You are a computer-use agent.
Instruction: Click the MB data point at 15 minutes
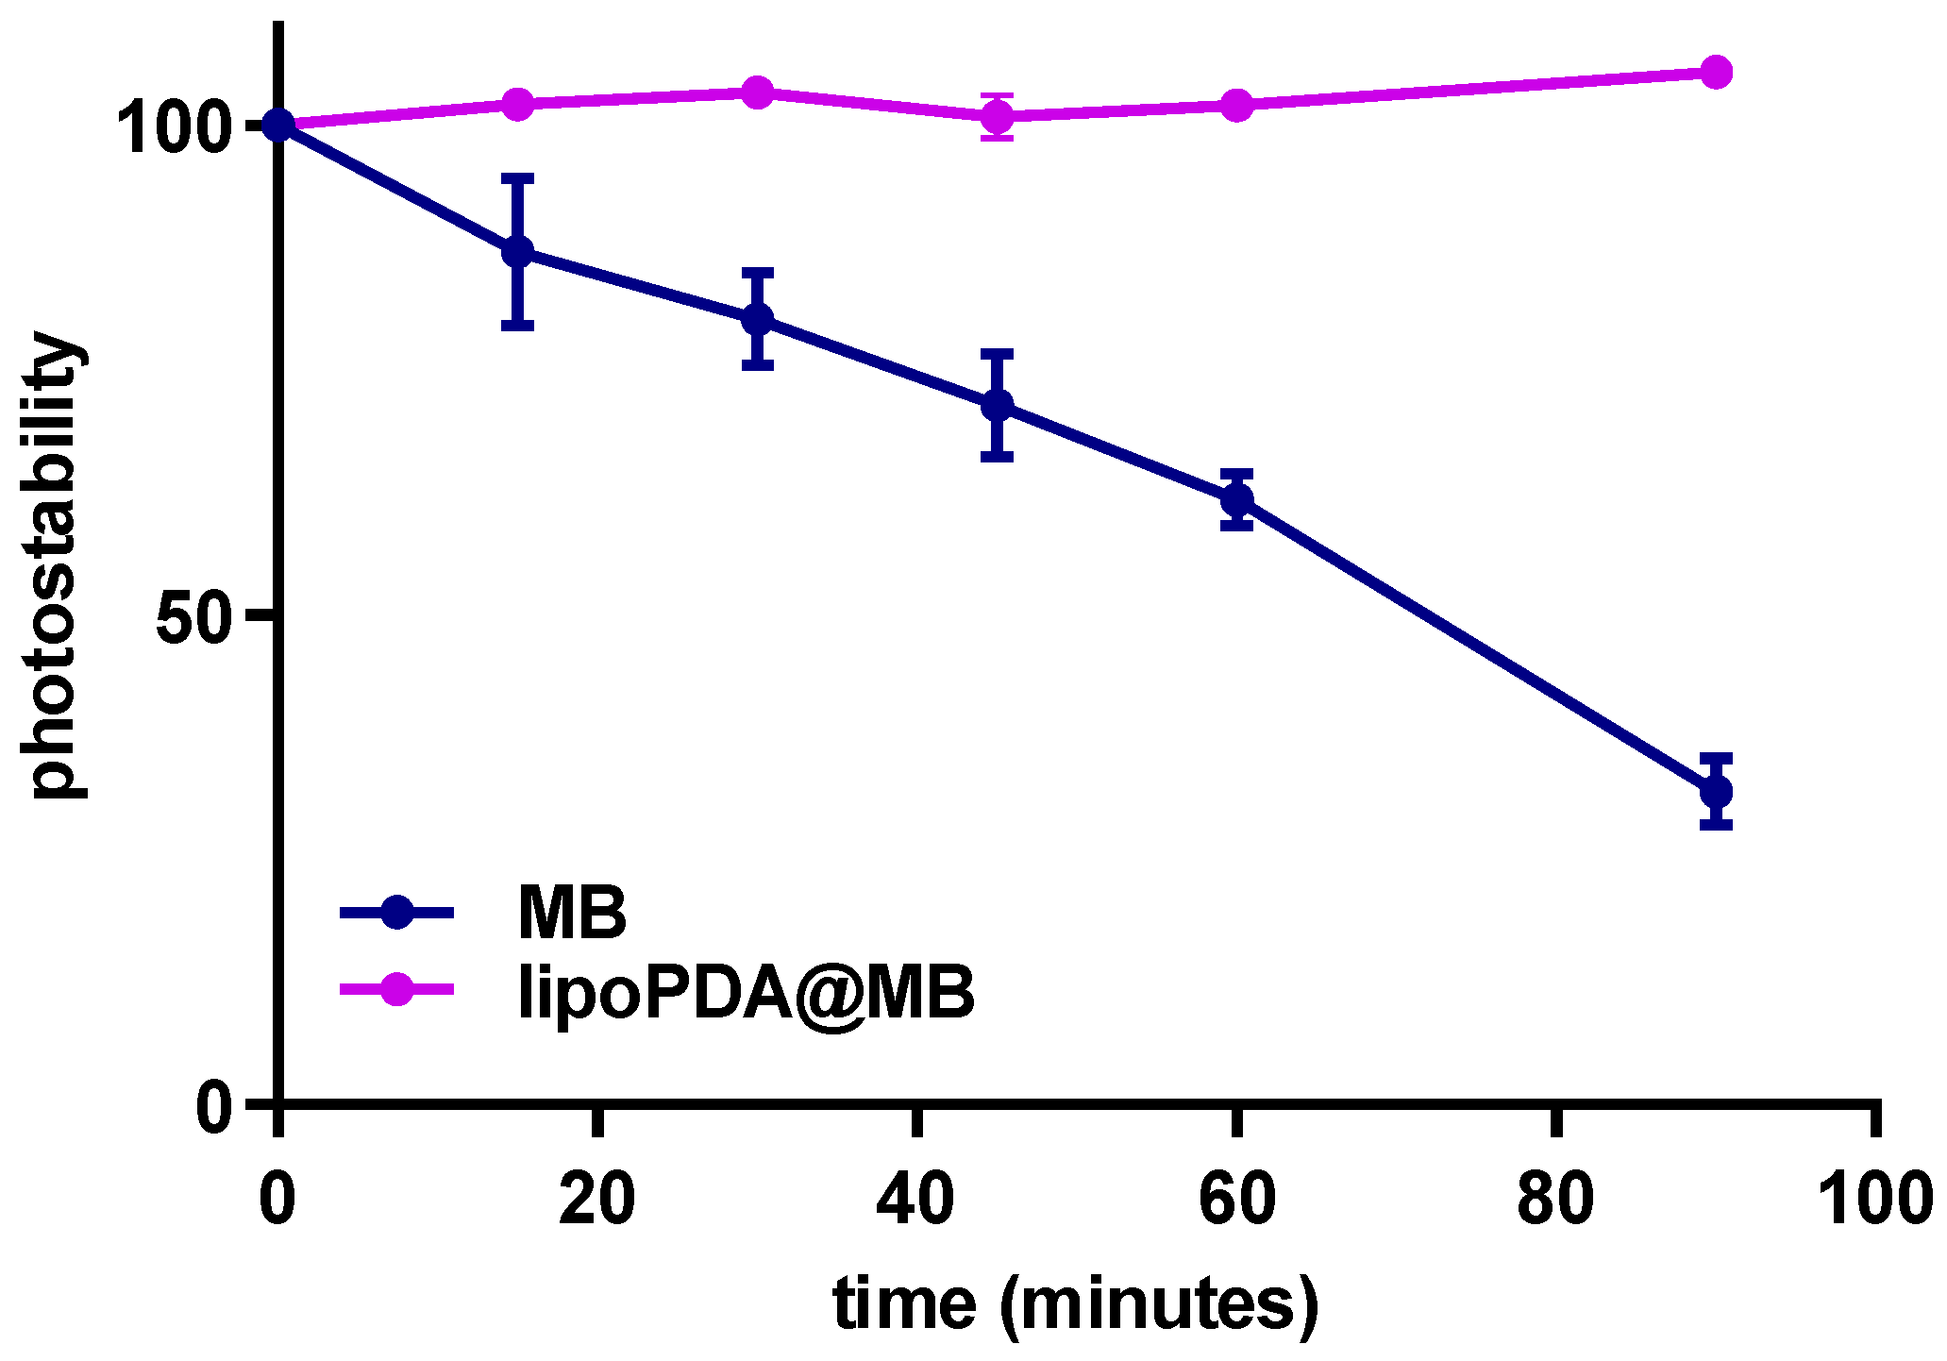(517, 252)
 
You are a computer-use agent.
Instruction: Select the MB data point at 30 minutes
(757, 319)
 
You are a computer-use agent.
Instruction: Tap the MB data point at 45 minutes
(997, 406)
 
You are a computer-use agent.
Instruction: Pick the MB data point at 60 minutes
(1236, 499)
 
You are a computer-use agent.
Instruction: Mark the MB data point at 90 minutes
(1716, 791)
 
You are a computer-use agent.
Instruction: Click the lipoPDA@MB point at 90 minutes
(1716, 72)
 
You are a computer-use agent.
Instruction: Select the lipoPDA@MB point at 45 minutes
(997, 117)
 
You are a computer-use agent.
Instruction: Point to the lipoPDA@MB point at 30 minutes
(757, 92)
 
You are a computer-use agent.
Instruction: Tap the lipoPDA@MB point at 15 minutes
(517, 104)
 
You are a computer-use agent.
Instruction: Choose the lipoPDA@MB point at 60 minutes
(1236, 106)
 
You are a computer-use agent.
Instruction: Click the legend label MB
(572, 913)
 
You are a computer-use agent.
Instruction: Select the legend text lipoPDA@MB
(746, 993)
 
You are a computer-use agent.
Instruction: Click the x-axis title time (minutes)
(1076, 1306)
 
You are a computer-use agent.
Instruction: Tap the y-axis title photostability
(52, 566)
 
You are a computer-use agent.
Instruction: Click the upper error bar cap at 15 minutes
(517, 177)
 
